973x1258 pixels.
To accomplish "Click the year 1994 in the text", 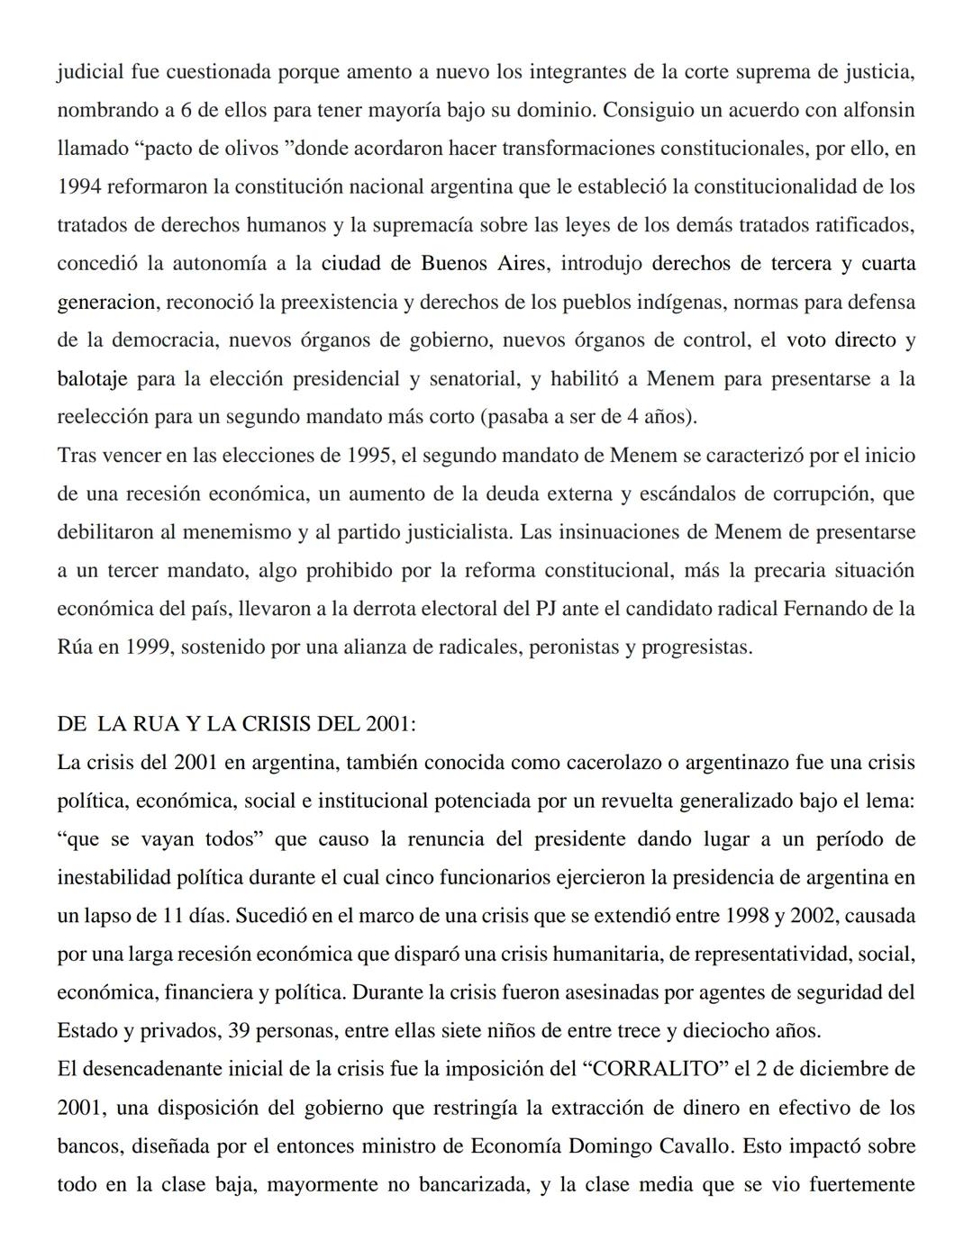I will click(80, 186).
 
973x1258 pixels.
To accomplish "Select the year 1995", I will click(368, 455).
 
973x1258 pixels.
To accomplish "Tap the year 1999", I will click(148, 647).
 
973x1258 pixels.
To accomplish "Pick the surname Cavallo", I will click(878, 1145).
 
